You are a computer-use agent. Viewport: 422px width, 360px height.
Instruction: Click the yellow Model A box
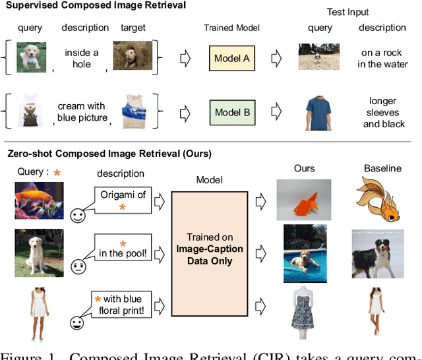point(231,59)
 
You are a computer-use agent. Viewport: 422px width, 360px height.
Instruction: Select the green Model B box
point(232,112)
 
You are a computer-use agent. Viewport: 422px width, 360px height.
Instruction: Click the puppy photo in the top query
point(30,57)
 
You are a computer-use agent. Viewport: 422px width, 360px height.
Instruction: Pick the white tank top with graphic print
point(30,111)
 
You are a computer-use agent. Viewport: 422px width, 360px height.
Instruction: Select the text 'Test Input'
point(348,13)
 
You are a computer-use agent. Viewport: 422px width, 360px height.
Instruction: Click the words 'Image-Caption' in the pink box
point(209,249)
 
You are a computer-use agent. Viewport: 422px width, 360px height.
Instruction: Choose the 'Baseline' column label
point(382,169)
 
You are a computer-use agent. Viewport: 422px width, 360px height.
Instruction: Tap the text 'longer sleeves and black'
point(384,112)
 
